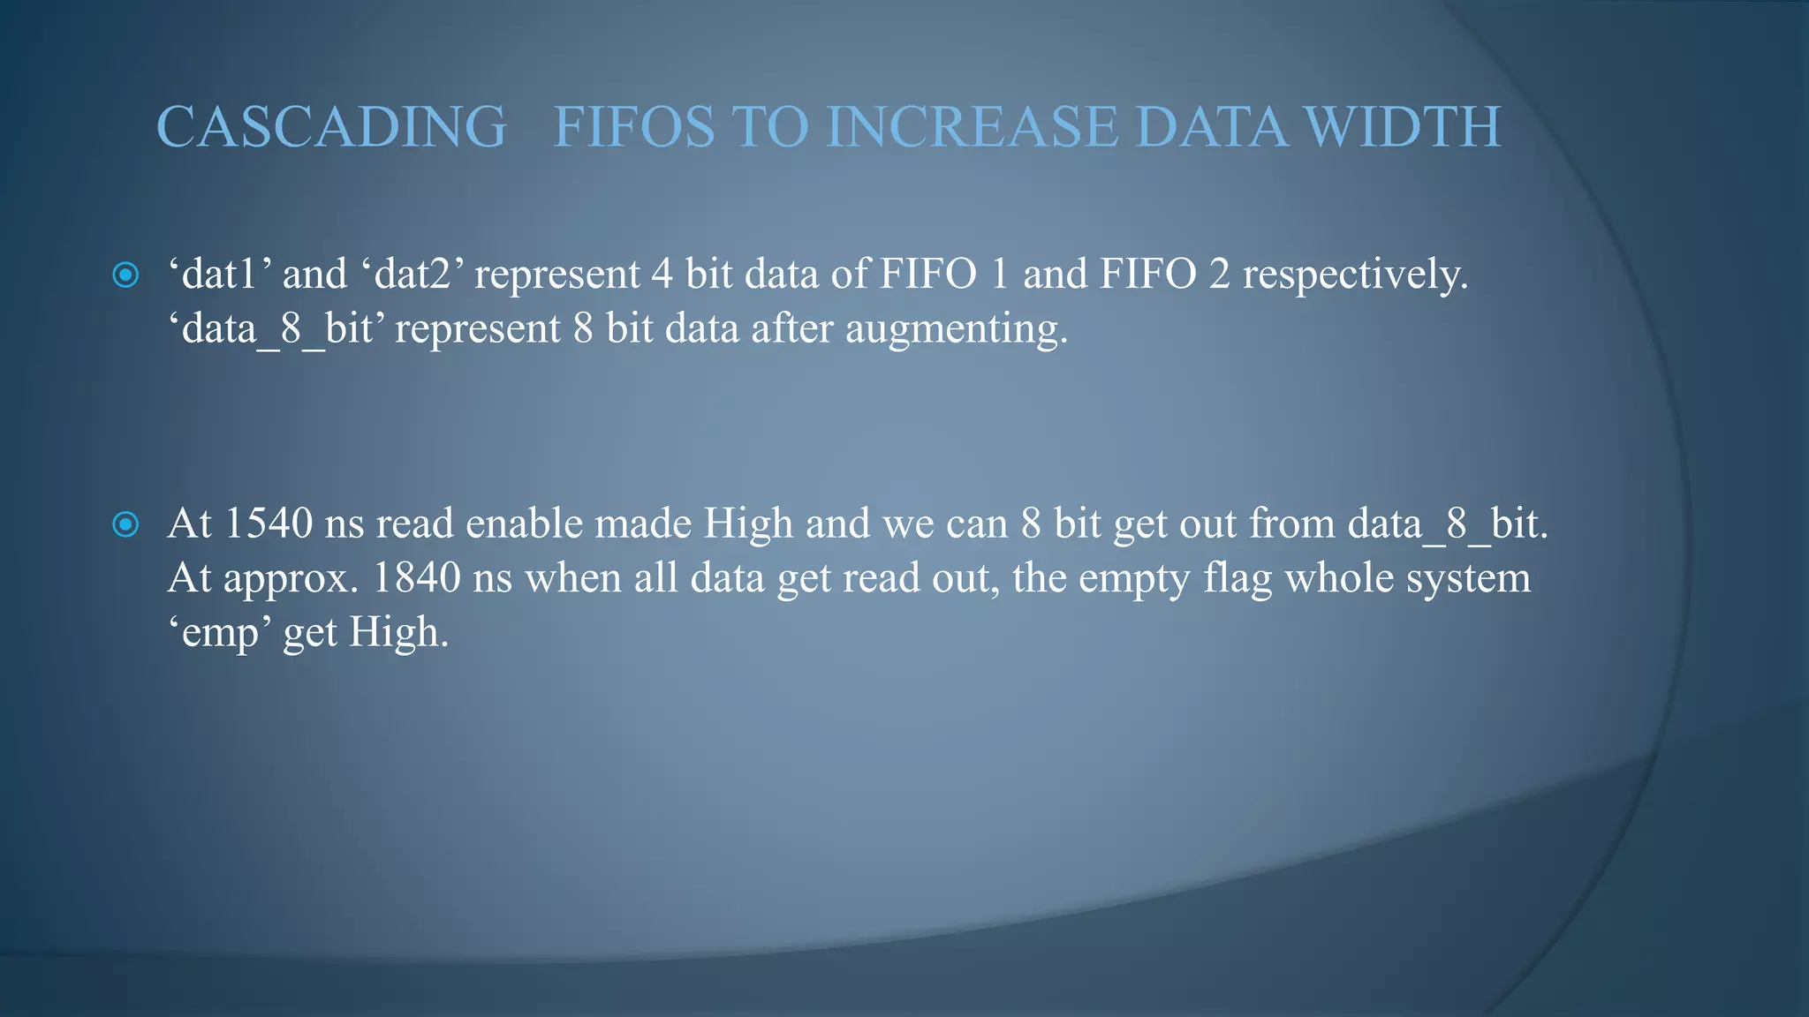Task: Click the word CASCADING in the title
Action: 331,127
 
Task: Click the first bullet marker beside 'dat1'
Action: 126,275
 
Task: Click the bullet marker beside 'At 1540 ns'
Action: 126,525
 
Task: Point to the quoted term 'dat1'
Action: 218,274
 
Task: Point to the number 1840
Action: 416,578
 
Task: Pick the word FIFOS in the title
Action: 633,127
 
